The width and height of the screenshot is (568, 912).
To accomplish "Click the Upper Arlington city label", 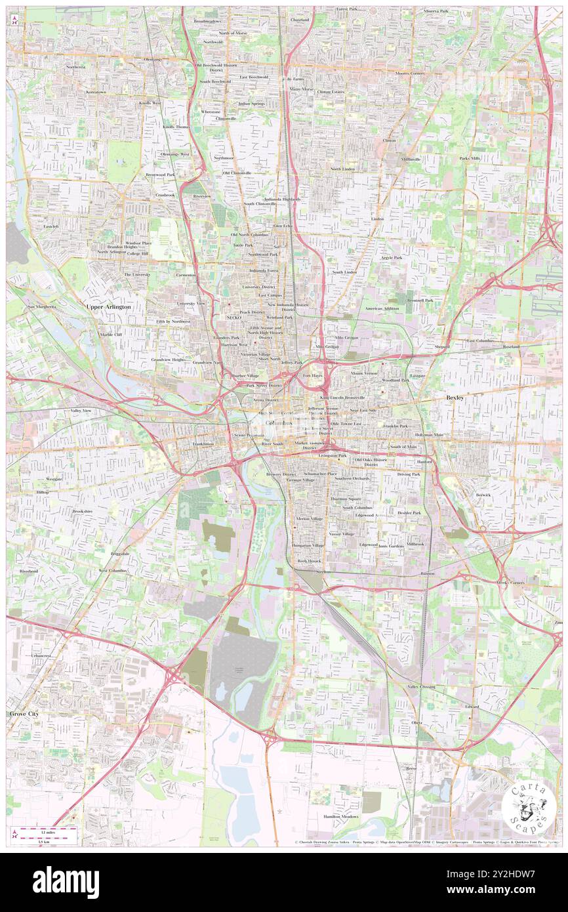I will click(109, 306).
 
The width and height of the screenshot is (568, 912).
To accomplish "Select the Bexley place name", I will click(455, 398).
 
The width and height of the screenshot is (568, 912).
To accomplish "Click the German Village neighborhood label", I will click(300, 480).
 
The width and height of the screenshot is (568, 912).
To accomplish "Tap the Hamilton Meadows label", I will click(340, 816).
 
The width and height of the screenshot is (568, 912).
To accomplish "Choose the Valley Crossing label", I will click(421, 686).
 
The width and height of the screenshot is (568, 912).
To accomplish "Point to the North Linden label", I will click(342, 169).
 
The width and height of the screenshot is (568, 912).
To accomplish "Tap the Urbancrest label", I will click(41, 655).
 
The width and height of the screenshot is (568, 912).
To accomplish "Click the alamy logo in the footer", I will click(66, 882).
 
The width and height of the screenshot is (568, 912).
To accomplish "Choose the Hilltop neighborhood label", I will click(43, 491).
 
